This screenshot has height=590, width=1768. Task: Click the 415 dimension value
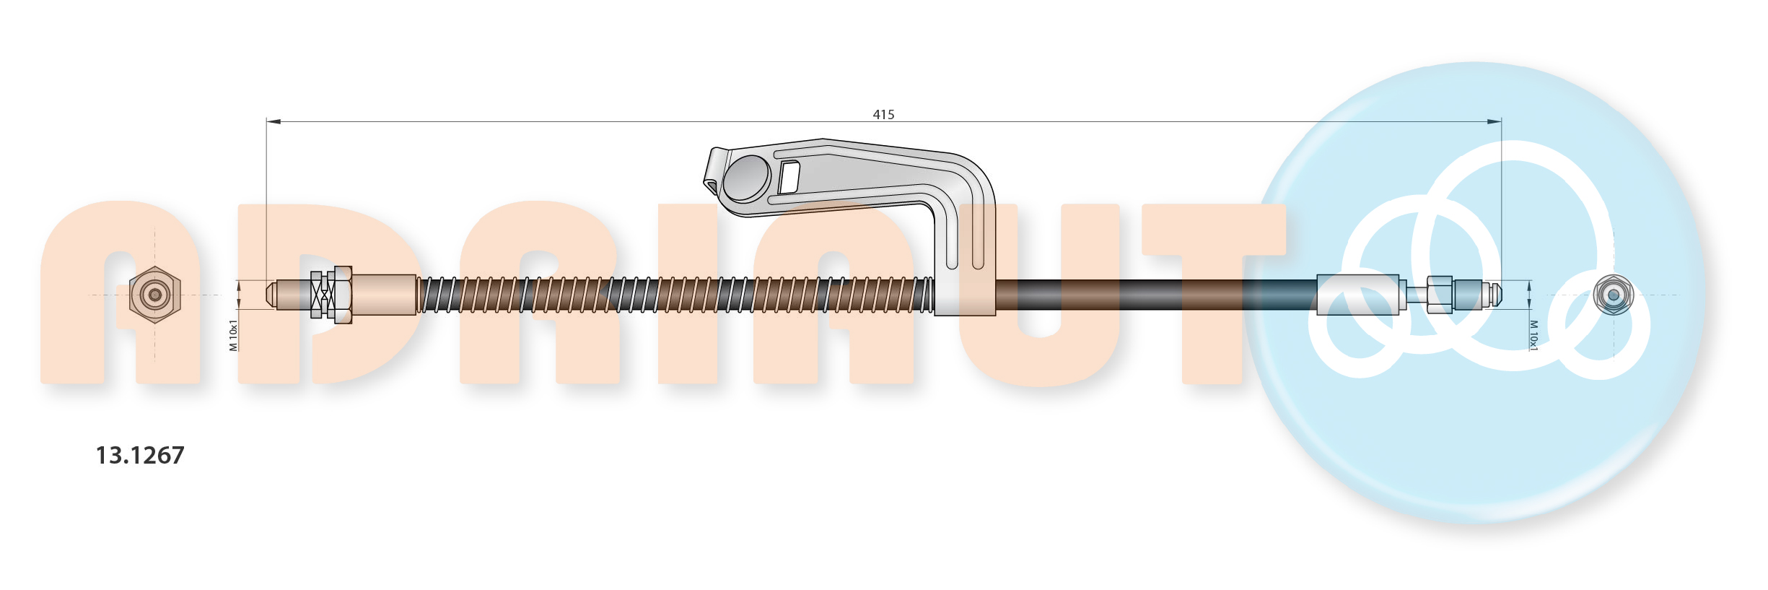tap(883, 114)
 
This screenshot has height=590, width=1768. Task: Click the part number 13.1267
tap(140, 455)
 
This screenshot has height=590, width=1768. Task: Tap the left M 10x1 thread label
tap(233, 335)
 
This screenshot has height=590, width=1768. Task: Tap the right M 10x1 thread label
tap(1533, 336)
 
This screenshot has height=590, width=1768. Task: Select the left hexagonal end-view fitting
tap(154, 295)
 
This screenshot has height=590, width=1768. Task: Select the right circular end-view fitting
tap(1614, 295)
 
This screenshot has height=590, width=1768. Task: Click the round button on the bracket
tap(746, 178)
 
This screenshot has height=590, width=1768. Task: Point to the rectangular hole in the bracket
tap(789, 178)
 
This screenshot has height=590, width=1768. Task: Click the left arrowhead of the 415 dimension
tap(273, 121)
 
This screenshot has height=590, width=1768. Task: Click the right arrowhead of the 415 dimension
tap(1494, 121)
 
